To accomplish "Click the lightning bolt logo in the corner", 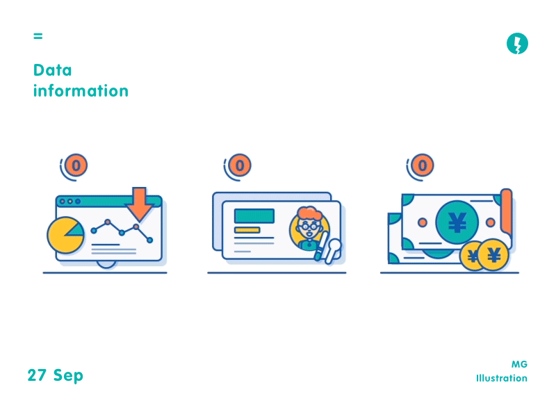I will coord(517,44).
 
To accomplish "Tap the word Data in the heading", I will coord(52,70).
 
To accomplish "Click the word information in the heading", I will coord(81,91).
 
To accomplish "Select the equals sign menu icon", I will coord(38,35).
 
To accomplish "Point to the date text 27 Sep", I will coord(56,375).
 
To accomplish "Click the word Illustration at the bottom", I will coord(501,379).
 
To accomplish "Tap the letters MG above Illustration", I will coord(519,364).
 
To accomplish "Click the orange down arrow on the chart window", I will coord(139,203).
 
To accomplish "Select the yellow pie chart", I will coord(65,235).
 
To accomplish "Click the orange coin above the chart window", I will coord(77,165).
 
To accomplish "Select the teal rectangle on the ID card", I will coord(254,216).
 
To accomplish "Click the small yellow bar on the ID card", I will coord(247,230).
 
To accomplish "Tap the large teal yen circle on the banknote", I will coord(457,222).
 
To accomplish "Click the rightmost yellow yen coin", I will coord(493,255).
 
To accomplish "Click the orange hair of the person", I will coord(307,212).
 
